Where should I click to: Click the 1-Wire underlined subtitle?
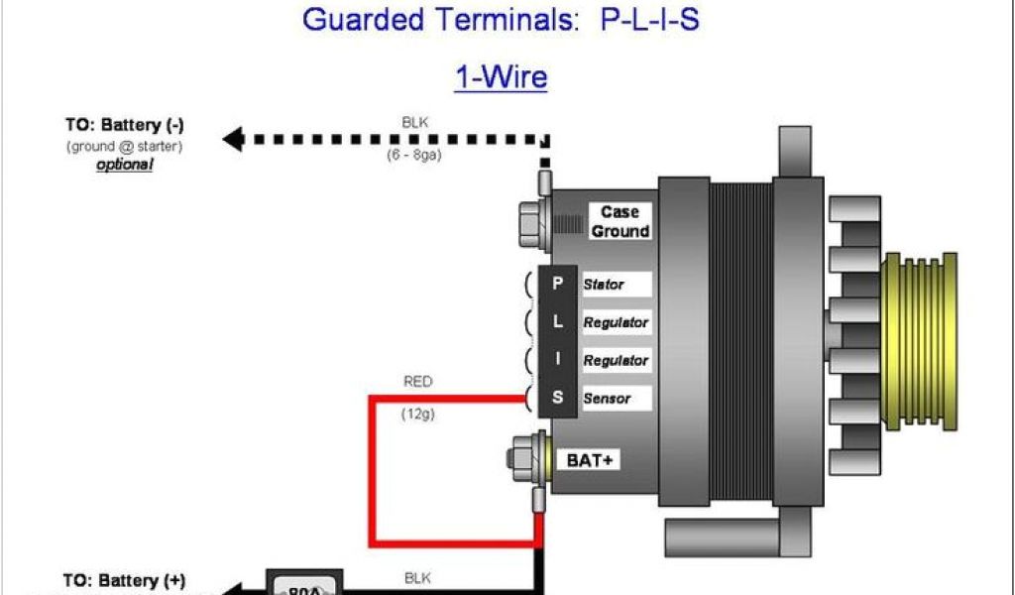click(501, 76)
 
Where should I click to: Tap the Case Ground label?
click(620, 222)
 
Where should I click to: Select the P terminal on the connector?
click(557, 284)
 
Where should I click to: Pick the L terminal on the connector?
click(557, 322)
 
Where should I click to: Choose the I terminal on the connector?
click(557, 360)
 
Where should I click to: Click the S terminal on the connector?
click(557, 399)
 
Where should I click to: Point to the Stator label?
click(604, 285)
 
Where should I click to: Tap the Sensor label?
click(606, 399)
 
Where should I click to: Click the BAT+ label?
click(589, 460)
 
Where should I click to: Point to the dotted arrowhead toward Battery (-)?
click(233, 139)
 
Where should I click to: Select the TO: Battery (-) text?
click(125, 126)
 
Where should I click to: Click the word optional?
click(124, 165)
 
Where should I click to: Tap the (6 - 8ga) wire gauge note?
click(414, 156)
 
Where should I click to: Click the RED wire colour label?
click(417, 382)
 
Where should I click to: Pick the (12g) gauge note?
click(417, 415)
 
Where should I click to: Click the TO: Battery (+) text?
click(124, 581)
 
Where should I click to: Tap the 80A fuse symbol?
click(304, 585)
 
